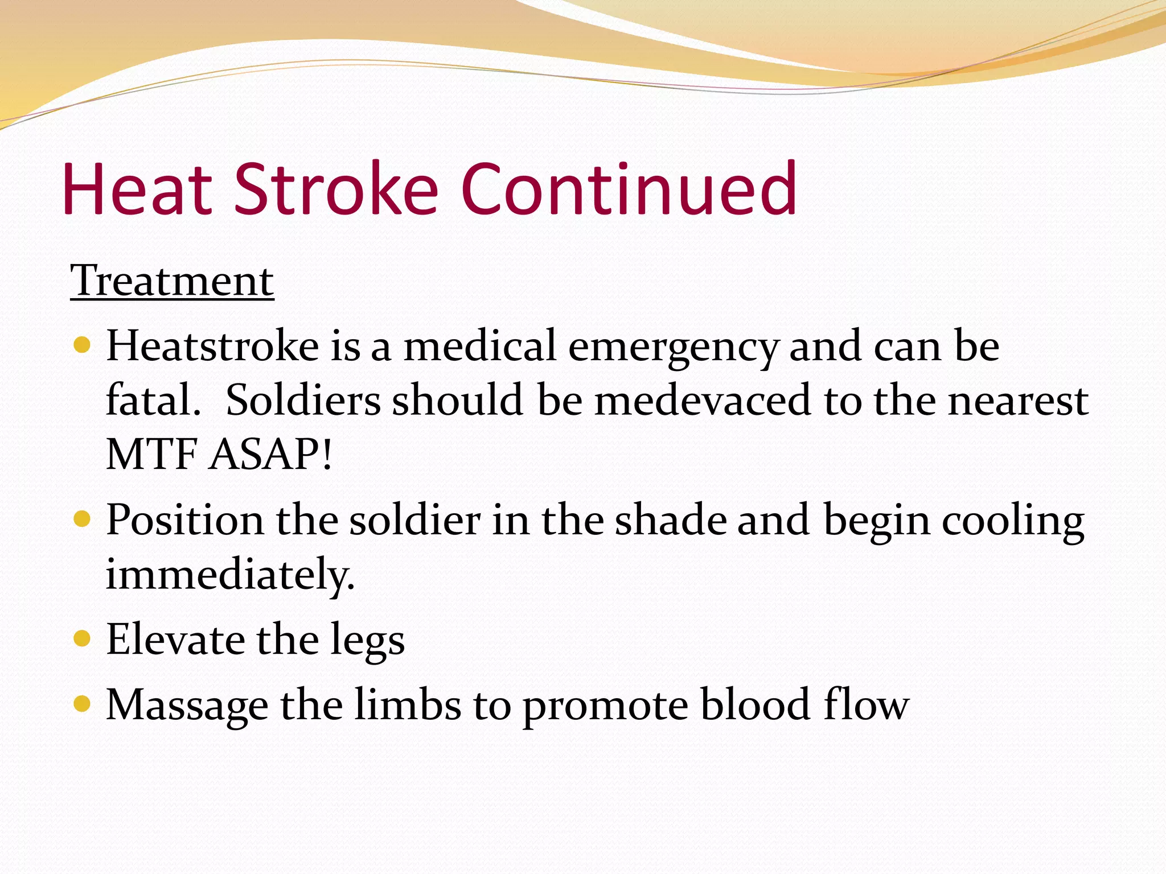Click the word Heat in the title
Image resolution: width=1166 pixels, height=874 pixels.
137,189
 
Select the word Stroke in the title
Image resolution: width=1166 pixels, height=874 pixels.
336,189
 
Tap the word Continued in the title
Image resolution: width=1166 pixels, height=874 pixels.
629,189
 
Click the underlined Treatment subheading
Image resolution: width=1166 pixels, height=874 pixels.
172,281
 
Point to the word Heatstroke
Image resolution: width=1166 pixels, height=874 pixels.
212,346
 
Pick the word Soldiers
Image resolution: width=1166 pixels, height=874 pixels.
303,400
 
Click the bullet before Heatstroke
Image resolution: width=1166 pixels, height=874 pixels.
83,345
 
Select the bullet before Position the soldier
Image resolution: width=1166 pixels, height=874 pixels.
83,519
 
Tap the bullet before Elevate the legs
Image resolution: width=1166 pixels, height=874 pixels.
83,638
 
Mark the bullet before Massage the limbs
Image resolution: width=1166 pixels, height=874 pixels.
83,704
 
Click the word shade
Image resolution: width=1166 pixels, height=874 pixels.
671,520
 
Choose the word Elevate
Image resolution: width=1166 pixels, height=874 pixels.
175,640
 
